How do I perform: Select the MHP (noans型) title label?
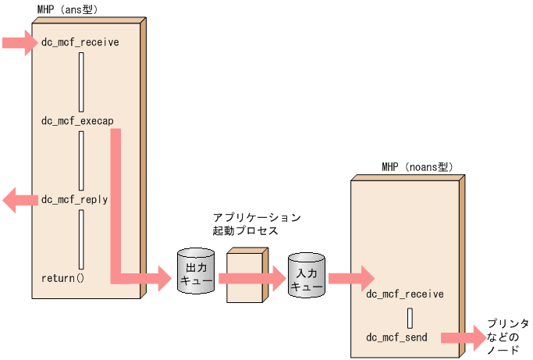(x=417, y=167)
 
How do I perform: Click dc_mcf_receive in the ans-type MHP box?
(x=80, y=41)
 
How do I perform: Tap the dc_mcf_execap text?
(x=76, y=121)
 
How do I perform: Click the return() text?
(x=62, y=278)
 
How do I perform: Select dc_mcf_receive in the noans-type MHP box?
(x=404, y=294)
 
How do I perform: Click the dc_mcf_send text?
(x=397, y=337)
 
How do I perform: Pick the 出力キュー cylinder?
(x=195, y=271)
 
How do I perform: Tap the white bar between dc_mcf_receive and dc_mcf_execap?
(x=81, y=81)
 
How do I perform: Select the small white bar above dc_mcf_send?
(x=408, y=317)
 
